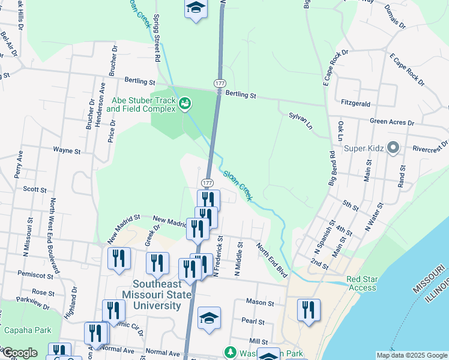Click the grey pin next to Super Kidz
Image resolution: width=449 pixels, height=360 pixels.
394,146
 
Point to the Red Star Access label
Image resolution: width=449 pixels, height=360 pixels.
361,283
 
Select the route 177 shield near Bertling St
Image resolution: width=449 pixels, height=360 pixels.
219,81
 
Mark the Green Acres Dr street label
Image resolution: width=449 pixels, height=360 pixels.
392,122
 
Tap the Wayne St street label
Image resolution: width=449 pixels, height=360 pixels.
67,151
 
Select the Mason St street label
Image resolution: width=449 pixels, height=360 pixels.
260,302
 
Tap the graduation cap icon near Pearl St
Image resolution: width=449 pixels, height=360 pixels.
209,318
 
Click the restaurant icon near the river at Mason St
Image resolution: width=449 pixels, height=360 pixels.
309,310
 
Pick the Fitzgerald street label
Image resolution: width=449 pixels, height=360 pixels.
355,103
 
